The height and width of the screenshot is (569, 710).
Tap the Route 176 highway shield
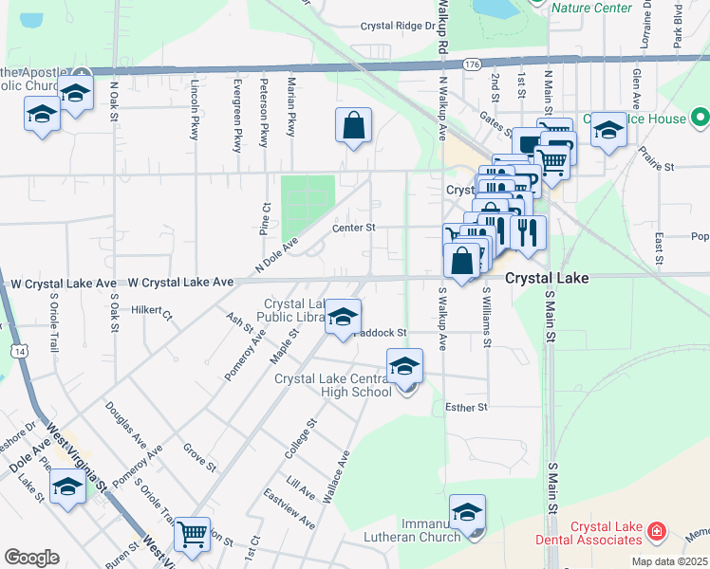click(x=472, y=64)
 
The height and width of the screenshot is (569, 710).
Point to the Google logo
click(x=31, y=558)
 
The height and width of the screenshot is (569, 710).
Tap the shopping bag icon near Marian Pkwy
click(x=353, y=126)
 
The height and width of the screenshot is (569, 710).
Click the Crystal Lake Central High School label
click(x=332, y=385)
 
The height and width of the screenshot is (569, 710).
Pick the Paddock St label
click(x=381, y=333)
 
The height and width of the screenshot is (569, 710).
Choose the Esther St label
click(x=465, y=407)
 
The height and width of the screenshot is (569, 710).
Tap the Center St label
click(x=354, y=228)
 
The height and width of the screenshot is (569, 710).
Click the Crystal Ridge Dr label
click(x=397, y=27)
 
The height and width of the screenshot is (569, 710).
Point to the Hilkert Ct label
click(x=151, y=310)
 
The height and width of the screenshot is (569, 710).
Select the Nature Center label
click(x=591, y=8)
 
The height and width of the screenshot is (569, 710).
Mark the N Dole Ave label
click(x=276, y=255)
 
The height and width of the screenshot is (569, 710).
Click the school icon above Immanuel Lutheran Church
click(x=467, y=513)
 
